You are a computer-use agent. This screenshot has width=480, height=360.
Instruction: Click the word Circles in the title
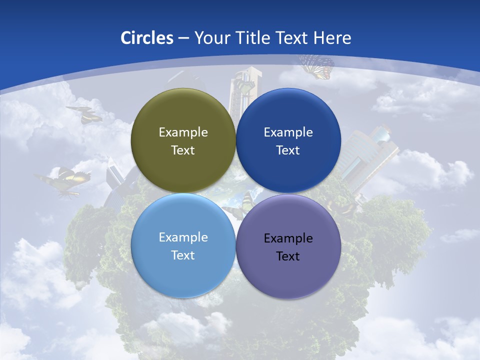tap(147, 38)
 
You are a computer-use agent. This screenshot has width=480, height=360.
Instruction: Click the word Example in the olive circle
tap(183, 132)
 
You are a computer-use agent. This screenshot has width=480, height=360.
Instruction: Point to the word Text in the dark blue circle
tap(288, 150)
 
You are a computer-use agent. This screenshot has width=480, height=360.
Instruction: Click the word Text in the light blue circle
tap(183, 255)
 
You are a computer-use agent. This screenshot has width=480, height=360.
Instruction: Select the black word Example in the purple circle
tap(288, 238)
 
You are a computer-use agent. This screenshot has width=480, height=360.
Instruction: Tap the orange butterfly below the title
tap(317, 66)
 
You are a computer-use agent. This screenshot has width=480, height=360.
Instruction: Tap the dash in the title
tap(183, 38)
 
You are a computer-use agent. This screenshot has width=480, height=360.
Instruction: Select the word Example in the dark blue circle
tap(288, 132)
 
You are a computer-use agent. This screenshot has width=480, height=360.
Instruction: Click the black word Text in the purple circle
tap(288, 256)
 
